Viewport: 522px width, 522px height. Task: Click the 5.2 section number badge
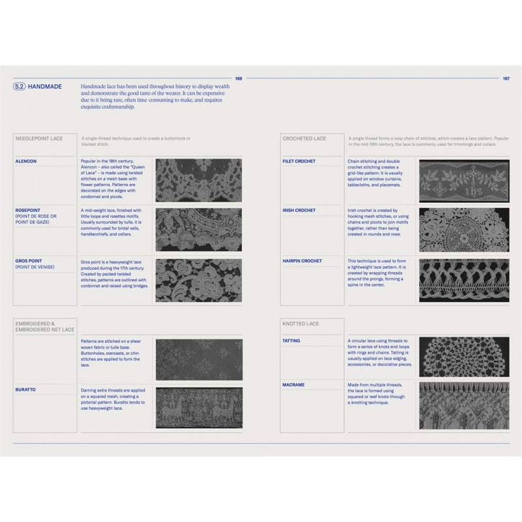point(20,86)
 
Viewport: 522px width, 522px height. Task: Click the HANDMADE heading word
point(45,86)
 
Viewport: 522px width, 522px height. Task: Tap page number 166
point(238,78)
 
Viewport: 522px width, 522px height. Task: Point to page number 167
point(506,78)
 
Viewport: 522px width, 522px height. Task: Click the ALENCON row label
point(25,161)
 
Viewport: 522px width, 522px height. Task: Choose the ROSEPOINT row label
point(29,210)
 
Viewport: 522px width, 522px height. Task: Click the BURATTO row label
point(26,389)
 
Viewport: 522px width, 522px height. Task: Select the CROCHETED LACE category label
point(304,138)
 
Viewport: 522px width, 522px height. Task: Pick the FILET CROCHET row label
point(299,161)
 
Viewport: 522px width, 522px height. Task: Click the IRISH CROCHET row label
point(299,210)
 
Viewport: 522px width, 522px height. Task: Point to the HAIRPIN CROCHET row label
point(302,260)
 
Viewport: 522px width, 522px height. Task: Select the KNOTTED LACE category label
point(300,324)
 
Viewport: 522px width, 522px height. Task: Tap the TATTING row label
point(291,341)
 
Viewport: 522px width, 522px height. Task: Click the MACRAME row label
point(294,385)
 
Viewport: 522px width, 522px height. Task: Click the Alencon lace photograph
point(198,180)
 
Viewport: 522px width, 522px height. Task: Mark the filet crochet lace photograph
point(463,180)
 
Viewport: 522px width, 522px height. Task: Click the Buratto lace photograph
point(198,407)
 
